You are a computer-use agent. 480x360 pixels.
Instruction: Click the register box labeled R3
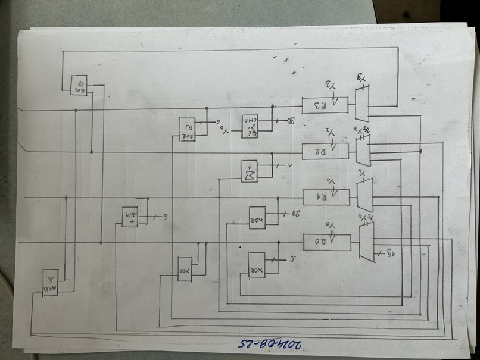tap(325, 105)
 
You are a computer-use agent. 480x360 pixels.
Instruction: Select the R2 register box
tap(325, 151)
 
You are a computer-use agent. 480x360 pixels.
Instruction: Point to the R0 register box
tap(326, 242)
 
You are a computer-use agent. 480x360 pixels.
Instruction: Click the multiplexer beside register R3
tap(362, 104)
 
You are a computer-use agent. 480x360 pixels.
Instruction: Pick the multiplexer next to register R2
tap(363, 151)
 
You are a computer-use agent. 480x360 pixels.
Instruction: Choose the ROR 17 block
tap(188, 129)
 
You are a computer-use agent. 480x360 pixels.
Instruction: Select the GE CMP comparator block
tap(250, 126)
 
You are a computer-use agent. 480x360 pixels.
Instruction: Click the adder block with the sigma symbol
tap(249, 171)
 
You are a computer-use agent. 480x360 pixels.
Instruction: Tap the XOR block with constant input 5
tap(257, 263)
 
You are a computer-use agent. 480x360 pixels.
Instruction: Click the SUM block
tap(130, 216)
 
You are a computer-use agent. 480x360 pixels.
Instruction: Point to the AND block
tap(50, 281)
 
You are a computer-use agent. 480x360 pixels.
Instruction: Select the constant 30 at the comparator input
tap(292, 121)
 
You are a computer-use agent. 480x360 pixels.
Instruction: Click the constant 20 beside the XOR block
tap(291, 212)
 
